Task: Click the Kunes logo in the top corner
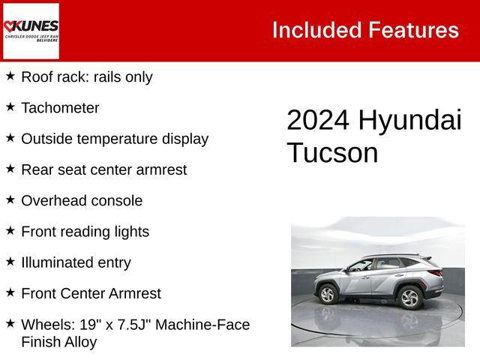tap(31, 31)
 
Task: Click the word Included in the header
tap(316, 30)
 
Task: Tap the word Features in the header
tap(412, 30)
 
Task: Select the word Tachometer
tap(60, 108)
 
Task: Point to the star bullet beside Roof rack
tap(10, 76)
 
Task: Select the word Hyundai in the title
tap(410, 121)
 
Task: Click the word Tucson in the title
tap(332, 153)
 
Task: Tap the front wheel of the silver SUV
tap(328, 295)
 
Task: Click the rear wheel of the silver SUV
tap(409, 298)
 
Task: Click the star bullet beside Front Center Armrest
tap(10, 292)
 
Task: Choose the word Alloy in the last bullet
tap(80, 342)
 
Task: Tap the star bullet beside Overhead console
tap(10, 199)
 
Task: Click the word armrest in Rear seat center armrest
tap(161, 170)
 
